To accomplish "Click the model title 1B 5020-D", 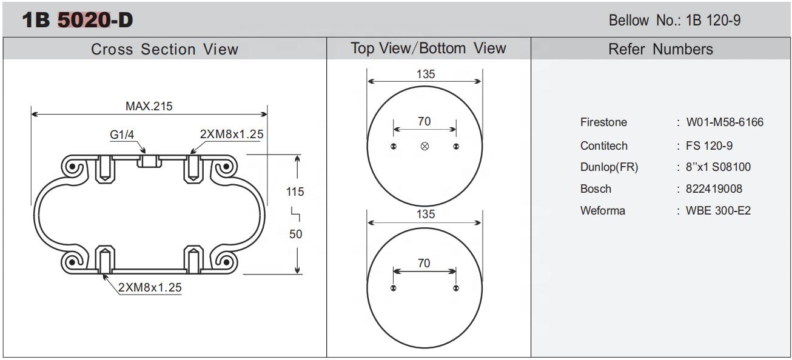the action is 78,20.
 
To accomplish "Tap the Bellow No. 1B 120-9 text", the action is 674,21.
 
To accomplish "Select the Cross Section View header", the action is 164,49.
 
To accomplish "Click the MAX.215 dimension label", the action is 149,106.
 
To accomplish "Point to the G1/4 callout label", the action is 122,135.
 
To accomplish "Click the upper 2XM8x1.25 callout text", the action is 232,135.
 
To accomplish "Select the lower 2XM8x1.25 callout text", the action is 150,288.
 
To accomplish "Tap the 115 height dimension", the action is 295,192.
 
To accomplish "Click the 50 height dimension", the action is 295,234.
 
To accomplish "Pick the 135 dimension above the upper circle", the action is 425,74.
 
